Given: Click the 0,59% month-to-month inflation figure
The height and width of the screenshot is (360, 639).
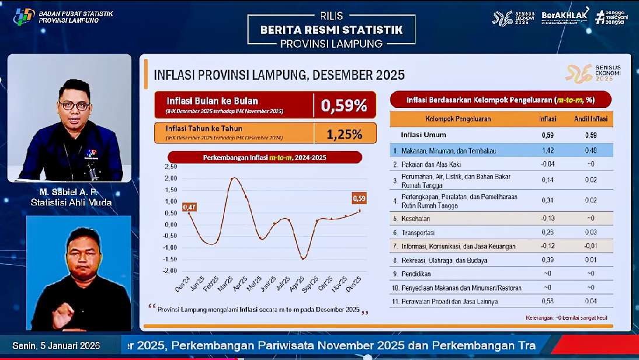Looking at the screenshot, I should point(344,106).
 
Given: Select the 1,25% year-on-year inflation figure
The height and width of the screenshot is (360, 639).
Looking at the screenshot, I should point(344,134).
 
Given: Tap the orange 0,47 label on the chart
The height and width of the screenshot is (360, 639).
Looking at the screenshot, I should point(189,207).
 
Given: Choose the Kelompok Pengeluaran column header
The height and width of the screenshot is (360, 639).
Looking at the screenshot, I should point(458,119).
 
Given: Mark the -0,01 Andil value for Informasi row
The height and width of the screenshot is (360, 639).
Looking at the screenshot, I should point(591,246).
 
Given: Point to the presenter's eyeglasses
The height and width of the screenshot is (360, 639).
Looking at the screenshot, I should point(74,106).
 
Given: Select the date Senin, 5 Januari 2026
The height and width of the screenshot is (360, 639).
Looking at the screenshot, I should point(56,345).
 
